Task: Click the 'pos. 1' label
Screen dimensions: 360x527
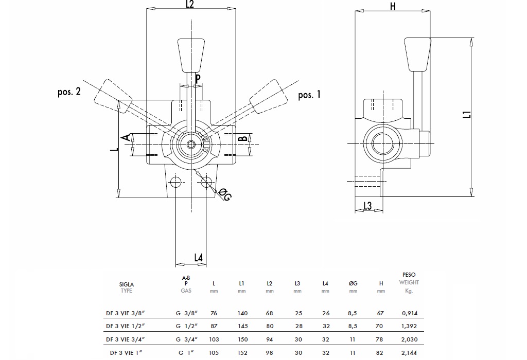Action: click(309, 95)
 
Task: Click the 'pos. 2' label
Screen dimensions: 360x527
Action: click(69, 92)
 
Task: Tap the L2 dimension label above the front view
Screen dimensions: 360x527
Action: click(189, 5)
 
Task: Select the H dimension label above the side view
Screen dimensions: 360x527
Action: click(393, 6)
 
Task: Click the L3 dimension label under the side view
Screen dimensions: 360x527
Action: click(367, 206)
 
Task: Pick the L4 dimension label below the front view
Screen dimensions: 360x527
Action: click(199, 257)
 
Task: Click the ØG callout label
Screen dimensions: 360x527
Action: click(225, 194)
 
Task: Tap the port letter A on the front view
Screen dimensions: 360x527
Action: click(125, 137)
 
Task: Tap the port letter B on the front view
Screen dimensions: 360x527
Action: click(242, 139)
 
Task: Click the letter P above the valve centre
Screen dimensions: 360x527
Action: click(197, 78)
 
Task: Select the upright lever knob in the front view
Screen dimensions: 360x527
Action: click(189, 55)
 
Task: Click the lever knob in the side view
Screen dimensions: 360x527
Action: click(417, 54)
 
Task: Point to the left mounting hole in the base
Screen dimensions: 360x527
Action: click(175, 182)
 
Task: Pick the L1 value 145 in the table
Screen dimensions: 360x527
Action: click(242, 326)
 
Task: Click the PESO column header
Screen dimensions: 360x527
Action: click(409, 275)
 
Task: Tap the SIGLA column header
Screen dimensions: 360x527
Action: click(127, 284)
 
